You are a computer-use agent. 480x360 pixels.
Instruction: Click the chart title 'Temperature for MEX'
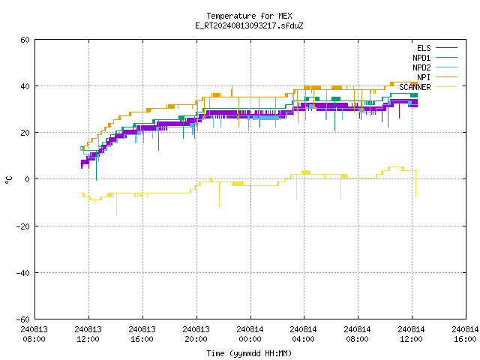click(x=249, y=16)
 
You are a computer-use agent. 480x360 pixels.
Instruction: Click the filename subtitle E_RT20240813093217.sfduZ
click(x=249, y=25)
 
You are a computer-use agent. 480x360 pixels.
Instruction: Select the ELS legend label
click(x=424, y=48)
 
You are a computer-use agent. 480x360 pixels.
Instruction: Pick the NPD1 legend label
click(x=421, y=58)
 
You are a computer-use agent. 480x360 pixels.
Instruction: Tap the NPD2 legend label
click(x=421, y=67)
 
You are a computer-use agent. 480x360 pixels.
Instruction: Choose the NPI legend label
click(x=424, y=77)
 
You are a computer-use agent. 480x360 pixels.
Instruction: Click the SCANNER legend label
click(x=415, y=87)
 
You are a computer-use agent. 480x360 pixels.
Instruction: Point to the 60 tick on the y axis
click(x=25, y=40)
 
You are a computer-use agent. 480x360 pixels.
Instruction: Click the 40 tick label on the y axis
click(x=25, y=86)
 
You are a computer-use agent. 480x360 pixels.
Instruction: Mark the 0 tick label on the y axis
click(x=28, y=179)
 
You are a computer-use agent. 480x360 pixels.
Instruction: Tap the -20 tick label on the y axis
click(x=23, y=226)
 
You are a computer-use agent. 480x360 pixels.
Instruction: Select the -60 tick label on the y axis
click(x=23, y=319)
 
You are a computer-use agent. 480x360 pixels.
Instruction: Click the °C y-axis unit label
click(x=8, y=180)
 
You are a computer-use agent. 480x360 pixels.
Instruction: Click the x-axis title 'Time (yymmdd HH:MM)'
click(x=249, y=353)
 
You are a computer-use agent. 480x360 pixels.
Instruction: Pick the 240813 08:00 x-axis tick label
click(x=34, y=334)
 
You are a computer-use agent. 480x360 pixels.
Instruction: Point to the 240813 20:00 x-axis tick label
click(x=196, y=334)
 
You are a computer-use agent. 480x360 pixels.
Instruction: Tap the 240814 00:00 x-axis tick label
click(x=250, y=334)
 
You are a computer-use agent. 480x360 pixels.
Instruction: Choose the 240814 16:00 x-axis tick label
click(x=465, y=334)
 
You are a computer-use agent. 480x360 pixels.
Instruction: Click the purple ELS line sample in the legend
click(x=447, y=48)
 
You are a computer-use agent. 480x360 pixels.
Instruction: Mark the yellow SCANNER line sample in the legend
click(x=447, y=87)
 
